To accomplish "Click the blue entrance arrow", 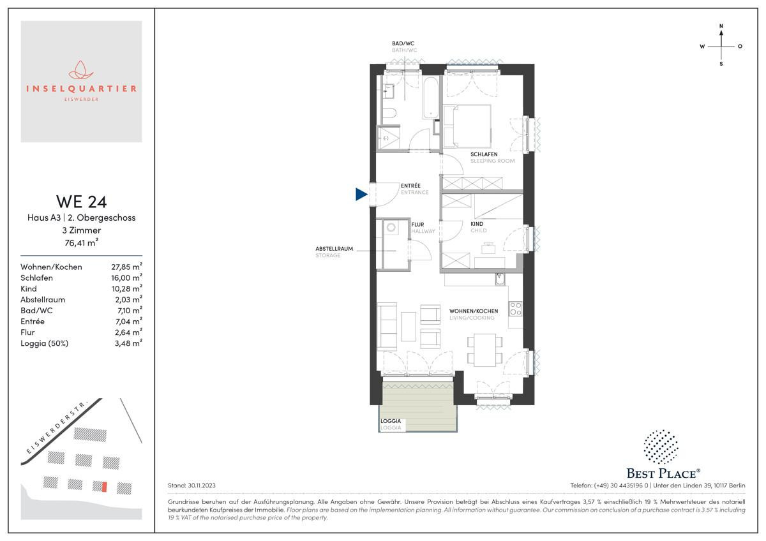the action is click(361, 194).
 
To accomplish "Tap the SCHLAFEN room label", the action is click(484, 154).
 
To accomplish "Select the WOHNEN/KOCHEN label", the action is click(473, 311).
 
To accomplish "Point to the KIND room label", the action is click(477, 224).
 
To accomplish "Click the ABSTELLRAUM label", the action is click(334, 249).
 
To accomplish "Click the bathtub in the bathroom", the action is click(430, 98).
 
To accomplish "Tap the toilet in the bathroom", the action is click(389, 113).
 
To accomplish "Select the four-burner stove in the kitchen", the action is click(515, 309).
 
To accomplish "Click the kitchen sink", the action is click(500, 279).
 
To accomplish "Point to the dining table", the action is click(485, 350).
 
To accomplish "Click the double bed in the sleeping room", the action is click(467, 126).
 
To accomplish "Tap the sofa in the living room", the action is click(387, 326).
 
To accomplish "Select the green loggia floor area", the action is click(417, 406).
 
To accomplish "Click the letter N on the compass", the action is click(721, 26).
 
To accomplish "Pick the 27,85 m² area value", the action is click(126, 267).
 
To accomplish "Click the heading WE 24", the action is click(82, 202).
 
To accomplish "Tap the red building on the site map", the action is click(105, 487).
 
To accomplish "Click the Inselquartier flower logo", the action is click(81, 70).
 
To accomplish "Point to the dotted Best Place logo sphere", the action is click(661, 447).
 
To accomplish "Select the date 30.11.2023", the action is click(202, 485).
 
